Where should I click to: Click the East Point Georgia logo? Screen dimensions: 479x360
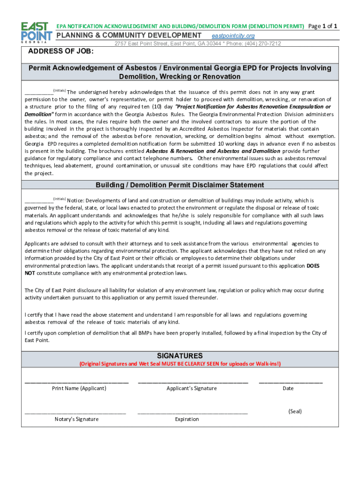(36, 32)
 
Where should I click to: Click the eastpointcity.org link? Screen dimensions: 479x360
(233, 36)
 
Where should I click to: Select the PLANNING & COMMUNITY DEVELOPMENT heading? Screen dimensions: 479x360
(129, 36)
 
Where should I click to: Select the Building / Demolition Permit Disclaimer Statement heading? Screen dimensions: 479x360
(180, 185)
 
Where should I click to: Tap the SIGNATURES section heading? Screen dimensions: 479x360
(180, 356)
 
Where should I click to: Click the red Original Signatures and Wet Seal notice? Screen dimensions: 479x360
(180, 364)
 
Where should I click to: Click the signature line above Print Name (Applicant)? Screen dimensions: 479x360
(77, 383)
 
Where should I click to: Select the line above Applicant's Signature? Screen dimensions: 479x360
(193, 383)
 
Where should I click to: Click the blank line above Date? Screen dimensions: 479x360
(290, 383)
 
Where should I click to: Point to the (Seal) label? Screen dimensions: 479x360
(295, 412)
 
